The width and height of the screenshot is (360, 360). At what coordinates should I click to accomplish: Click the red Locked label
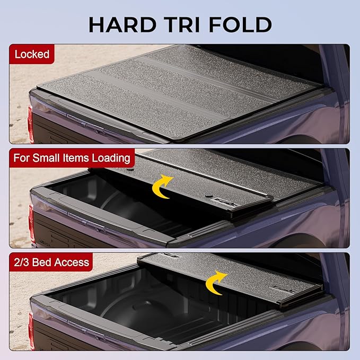point(32,54)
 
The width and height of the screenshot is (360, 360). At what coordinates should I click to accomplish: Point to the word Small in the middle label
point(51,157)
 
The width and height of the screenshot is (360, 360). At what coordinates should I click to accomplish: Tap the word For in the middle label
point(23,157)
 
